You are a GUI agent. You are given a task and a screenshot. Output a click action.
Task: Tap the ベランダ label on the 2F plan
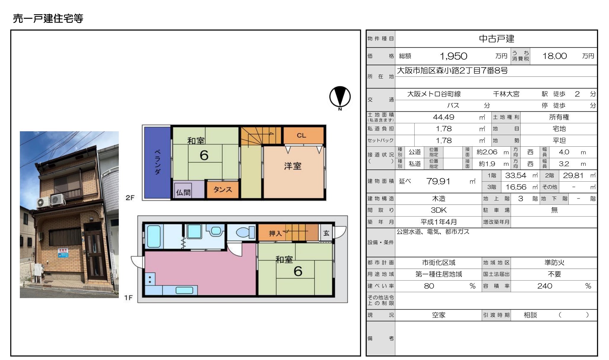pos(158,162)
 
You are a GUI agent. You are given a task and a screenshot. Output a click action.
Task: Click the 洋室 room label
pos(293,166)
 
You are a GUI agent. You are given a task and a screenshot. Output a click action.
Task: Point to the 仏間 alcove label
pos(183,192)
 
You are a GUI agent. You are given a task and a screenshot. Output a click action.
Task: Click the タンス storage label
pos(222,189)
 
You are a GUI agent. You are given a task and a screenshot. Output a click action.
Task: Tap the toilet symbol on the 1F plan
pos(246,232)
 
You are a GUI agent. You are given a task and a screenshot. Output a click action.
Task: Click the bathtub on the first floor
pos(154,236)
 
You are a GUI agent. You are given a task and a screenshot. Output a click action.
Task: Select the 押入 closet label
pos(275,233)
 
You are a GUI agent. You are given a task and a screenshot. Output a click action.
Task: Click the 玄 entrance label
pos(326,233)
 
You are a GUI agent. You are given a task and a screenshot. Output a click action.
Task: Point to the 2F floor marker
pos(130,198)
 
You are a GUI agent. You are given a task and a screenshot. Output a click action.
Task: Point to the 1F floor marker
pos(128,297)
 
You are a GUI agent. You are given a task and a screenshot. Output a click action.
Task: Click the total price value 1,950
pos(453,56)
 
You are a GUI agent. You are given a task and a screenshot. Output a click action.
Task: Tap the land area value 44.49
pos(443,117)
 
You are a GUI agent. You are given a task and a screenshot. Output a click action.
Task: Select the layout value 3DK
pos(439,210)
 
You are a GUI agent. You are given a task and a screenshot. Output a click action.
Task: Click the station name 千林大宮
pos(506,94)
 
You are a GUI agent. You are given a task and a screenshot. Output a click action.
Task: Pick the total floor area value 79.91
pos(438,181)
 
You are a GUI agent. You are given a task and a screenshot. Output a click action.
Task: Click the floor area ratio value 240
pos(545,286)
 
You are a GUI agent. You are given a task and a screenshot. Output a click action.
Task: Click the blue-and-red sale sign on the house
pos(63,253)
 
